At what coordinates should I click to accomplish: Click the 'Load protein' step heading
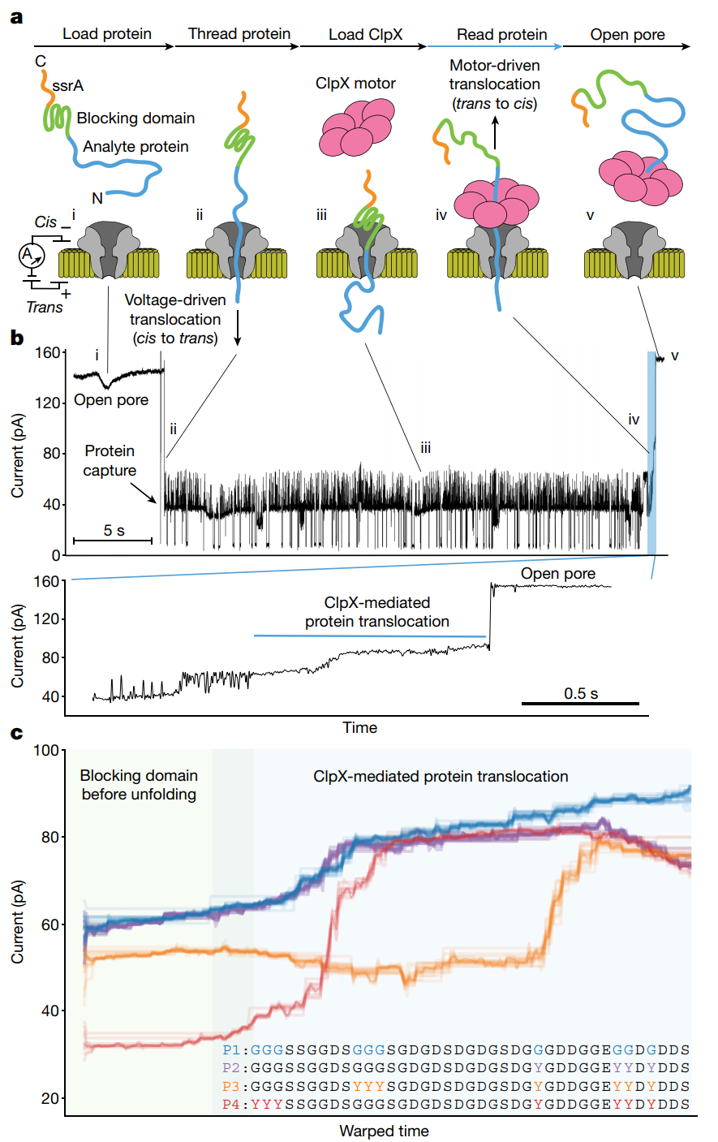pos(107,34)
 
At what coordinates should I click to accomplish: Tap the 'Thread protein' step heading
pos(239,34)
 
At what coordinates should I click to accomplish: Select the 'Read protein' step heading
pos(501,34)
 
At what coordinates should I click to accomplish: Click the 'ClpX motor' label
pos(355,83)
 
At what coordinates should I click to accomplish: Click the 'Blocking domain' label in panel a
pos(135,119)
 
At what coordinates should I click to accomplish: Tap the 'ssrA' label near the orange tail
pos(67,85)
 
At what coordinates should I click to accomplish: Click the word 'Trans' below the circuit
pos(44,307)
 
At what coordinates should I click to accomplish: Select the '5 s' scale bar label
pos(114,531)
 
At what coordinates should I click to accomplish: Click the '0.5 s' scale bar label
pos(581,693)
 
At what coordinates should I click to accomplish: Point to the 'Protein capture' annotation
pos(110,461)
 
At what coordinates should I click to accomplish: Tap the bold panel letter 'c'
pos(16,734)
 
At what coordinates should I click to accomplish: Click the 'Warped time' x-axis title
pos(384,1131)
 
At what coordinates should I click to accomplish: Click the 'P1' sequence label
pos(231,1050)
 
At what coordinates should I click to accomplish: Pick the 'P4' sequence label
pos(231,1105)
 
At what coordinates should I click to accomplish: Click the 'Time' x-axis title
pos(359,727)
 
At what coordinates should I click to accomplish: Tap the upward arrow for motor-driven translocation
pos(497,133)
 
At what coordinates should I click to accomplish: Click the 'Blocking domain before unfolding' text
pos(139,785)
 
